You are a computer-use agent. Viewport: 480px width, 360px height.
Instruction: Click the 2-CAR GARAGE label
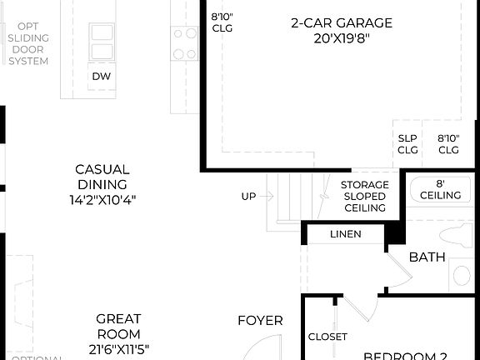click(341, 23)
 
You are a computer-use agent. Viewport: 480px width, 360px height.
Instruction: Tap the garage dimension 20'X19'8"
click(341, 38)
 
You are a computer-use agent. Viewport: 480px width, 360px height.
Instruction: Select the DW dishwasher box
click(102, 76)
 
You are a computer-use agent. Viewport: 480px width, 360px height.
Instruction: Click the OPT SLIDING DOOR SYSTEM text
click(28, 44)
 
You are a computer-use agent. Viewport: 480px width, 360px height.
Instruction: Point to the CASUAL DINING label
click(102, 177)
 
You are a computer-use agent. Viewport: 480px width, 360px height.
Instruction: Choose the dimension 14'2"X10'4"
click(102, 200)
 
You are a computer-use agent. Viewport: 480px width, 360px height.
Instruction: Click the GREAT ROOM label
click(118, 327)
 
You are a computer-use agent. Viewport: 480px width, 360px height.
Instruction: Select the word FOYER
click(260, 320)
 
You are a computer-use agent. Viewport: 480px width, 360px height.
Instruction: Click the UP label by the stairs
click(248, 197)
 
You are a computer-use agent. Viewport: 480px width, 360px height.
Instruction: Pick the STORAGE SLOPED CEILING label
click(364, 196)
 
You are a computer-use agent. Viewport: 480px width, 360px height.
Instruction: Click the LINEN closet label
click(346, 234)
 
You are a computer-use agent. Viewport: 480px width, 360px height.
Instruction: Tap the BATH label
click(427, 257)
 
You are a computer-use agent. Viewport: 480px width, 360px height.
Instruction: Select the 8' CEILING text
click(440, 188)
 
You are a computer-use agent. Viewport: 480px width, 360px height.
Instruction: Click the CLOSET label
click(327, 337)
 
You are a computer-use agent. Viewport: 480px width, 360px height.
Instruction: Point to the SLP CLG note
click(407, 144)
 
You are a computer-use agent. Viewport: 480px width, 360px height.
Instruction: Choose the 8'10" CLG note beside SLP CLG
click(448, 144)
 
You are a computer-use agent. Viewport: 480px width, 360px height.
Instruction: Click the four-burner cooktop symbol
click(184, 43)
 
